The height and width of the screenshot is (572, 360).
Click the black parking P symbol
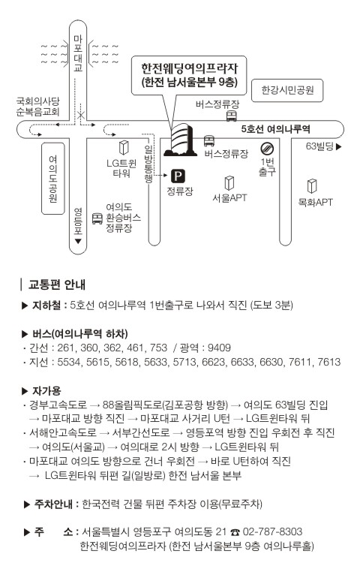point(178,176)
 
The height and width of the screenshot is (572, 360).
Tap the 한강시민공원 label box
point(287,90)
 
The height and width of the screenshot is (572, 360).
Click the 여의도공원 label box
point(53,179)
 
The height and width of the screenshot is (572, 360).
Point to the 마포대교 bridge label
point(78,53)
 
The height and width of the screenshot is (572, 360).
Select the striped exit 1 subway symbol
point(267,149)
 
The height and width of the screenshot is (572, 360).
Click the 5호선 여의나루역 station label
point(275,129)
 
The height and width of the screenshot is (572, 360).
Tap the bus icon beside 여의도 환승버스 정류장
point(97,218)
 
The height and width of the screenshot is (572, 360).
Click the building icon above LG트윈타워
point(124,148)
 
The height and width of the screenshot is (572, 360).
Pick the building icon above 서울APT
point(229,182)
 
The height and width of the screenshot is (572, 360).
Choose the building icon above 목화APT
point(312,186)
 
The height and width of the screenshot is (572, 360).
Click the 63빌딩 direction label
point(323,146)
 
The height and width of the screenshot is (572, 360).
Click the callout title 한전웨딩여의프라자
point(189,68)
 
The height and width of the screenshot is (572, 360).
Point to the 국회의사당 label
point(37,101)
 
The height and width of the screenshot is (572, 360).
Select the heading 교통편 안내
point(57,284)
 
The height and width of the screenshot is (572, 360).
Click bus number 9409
point(219,348)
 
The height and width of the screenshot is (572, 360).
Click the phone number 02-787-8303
point(272,531)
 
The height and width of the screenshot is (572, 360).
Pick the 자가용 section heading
point(46,390)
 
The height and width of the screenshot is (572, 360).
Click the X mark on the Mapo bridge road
point(80,116)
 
